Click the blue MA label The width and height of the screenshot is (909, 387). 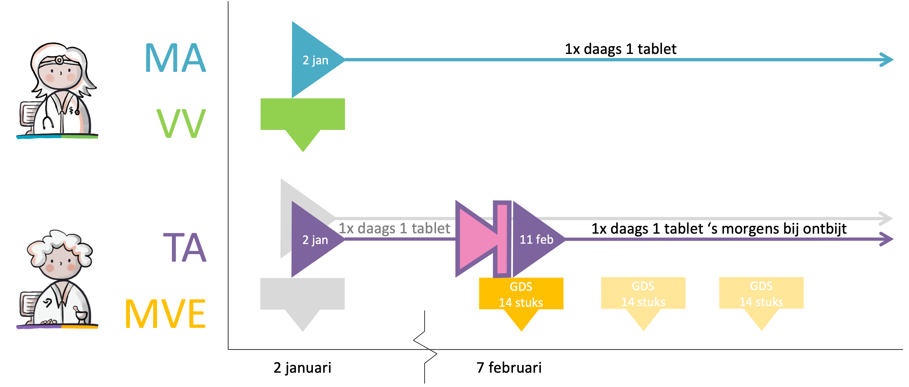[175, 58]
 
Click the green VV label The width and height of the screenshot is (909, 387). [181, 123]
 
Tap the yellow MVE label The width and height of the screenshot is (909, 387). [166, 314]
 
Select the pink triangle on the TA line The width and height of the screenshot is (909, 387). [475, 239]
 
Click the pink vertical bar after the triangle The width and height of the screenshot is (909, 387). [502, 239]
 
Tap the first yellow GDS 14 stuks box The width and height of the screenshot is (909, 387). [521, 294]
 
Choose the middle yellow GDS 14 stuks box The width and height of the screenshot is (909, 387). [643, 293]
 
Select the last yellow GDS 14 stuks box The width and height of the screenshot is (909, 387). [761, 293]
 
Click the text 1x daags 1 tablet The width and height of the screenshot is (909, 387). [394, 228]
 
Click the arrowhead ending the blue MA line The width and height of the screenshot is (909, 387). [886, 60]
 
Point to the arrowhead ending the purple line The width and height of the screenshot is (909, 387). [886, 239]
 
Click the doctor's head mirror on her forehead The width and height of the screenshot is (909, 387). [59, 61]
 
